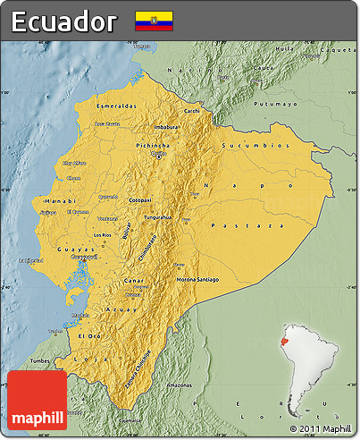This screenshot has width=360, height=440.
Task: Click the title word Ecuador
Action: click(x=64, y=21)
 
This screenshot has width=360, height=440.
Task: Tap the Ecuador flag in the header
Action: click(x=154, y=21)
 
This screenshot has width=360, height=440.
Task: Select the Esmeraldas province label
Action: click(x=117, y=106)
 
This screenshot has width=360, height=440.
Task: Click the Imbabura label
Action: click(x=167, y=127)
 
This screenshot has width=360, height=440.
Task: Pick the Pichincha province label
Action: click(x=154, y=144)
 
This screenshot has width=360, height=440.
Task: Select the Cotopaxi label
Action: click(x=140, y=199)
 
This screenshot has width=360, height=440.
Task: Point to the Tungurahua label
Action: click(x=157, y=216)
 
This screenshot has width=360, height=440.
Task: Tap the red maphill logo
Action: click(x=36, y=400)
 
